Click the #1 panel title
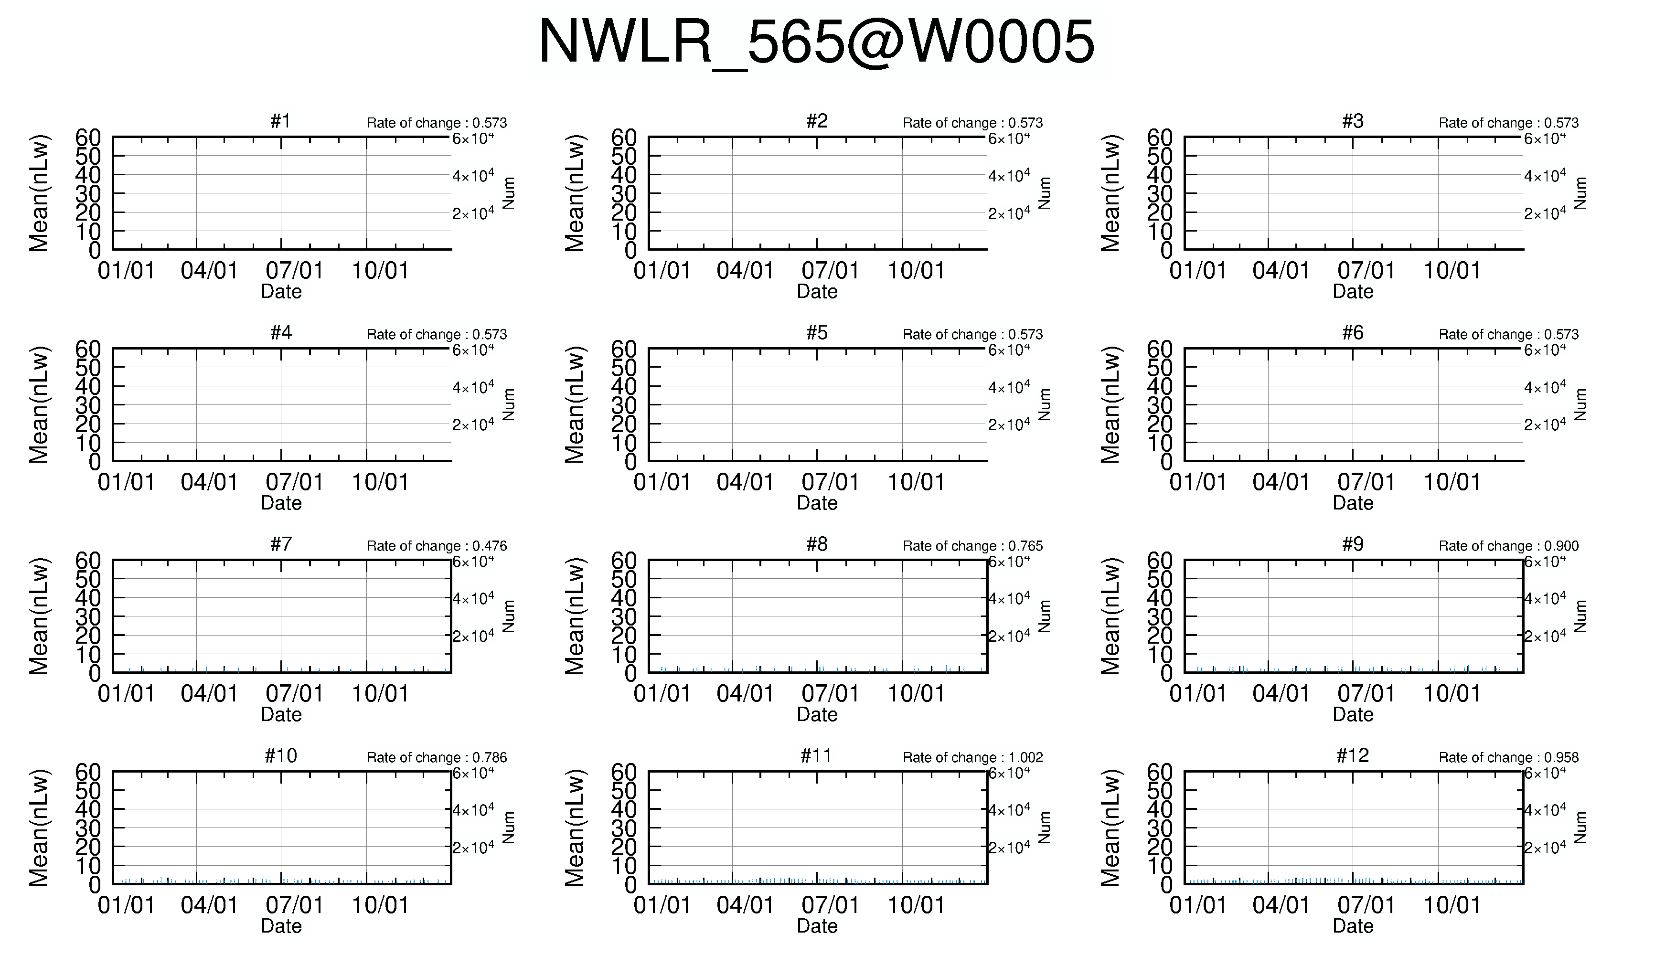click(281, 121)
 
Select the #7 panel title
click(281, 544)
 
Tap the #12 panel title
click(1353, 755)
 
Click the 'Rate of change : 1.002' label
click(973, 758)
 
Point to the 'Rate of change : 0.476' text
click(437, 546)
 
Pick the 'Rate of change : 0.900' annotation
click(1509, 546)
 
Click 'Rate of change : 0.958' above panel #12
click(1509, 758)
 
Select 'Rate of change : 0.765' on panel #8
click(973, 546)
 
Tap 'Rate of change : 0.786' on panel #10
click(437, 758)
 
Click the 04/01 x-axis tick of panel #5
click(745, 483)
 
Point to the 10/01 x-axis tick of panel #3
click(1452, 271)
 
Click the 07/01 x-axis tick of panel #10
click(295, 906)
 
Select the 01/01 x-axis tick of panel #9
click(1198, 694)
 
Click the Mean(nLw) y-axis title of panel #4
click(39, 405)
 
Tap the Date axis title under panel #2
click(817, 292)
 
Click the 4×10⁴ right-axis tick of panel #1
click(473, 176)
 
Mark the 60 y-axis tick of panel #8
click(624, 561)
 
